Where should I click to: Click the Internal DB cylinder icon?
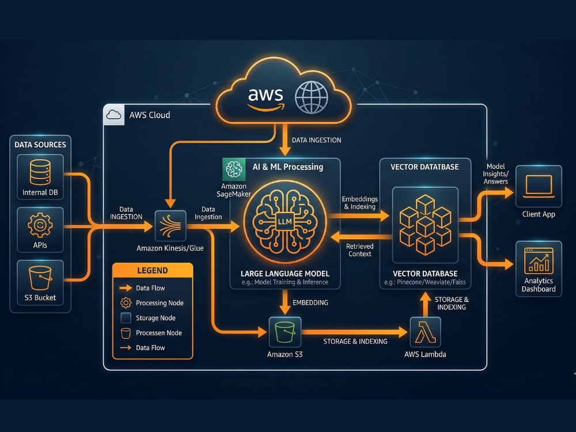point(40,172)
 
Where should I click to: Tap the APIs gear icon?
point(40,225)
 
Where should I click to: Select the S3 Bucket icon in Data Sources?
point(40,278)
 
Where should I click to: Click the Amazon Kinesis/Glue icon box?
point(170,226)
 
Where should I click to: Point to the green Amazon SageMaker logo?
point(234,169)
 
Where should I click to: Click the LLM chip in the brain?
point(285,222)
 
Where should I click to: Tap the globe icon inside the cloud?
point(311,97)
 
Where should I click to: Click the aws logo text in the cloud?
point(266,98)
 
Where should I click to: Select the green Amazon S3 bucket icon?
point(285,332)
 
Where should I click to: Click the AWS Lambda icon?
point(425,332)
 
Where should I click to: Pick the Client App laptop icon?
point(539,186)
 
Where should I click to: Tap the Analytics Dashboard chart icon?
point(539,260)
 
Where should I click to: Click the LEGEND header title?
point(153,271)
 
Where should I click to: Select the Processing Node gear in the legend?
point(126,303)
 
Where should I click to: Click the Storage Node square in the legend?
point(126,318)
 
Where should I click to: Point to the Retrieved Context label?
point(359,250)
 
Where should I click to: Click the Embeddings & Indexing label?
point(359,203)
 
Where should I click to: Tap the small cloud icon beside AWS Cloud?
point(114,115)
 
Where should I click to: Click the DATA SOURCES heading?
point(40,145)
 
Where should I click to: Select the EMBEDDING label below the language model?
point(310,303)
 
